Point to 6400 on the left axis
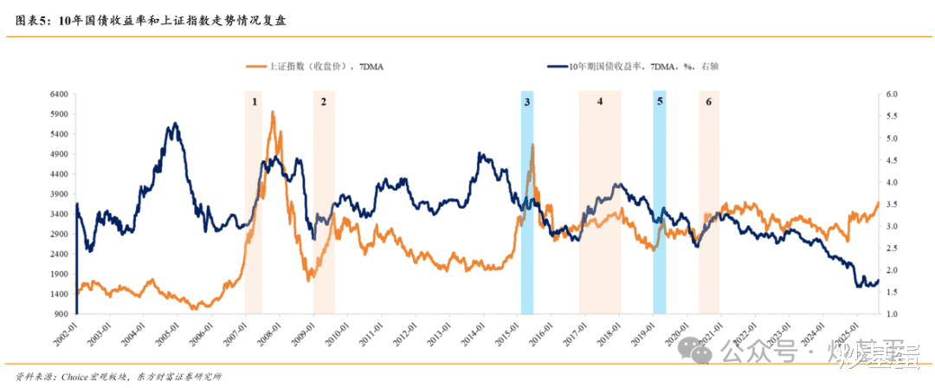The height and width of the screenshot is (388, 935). (60, 94)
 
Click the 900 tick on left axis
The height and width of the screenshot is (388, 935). (62, 314)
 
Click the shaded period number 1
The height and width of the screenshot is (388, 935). (255, 102)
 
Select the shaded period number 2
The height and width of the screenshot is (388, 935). (323, 102)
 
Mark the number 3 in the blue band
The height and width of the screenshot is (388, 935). (526, 102)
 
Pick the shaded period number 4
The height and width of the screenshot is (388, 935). (599, 102)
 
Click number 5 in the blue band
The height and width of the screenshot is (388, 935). (660, 102)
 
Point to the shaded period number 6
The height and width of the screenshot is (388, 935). (709, 102)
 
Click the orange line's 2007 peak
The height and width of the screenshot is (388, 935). (273, 112)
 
